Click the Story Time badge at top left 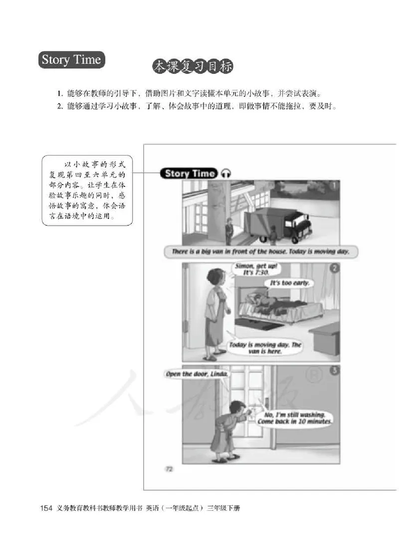(71, 60)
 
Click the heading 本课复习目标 (193, 67)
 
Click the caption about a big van (260, 252)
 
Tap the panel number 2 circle (334, 268)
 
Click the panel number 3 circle (334, 370)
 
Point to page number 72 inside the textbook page (168, 468)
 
